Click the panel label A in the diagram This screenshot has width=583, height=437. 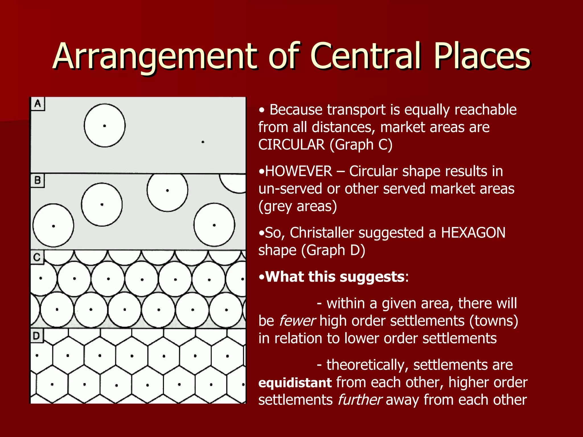38,104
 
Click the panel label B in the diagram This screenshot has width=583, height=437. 38,180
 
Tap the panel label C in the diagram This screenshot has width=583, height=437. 37,257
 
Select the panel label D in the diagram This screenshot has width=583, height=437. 36,336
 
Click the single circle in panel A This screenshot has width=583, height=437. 104,125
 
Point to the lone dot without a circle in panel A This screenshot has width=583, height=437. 203,142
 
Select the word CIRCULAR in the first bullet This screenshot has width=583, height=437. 291,145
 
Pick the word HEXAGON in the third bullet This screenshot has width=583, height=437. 473,233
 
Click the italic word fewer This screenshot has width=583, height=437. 297,321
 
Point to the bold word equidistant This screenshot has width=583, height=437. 295,383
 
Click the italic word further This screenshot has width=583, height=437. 359,400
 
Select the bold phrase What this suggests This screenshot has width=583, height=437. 334,277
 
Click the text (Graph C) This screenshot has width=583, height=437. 361,145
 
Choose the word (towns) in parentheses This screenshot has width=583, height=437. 494,321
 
